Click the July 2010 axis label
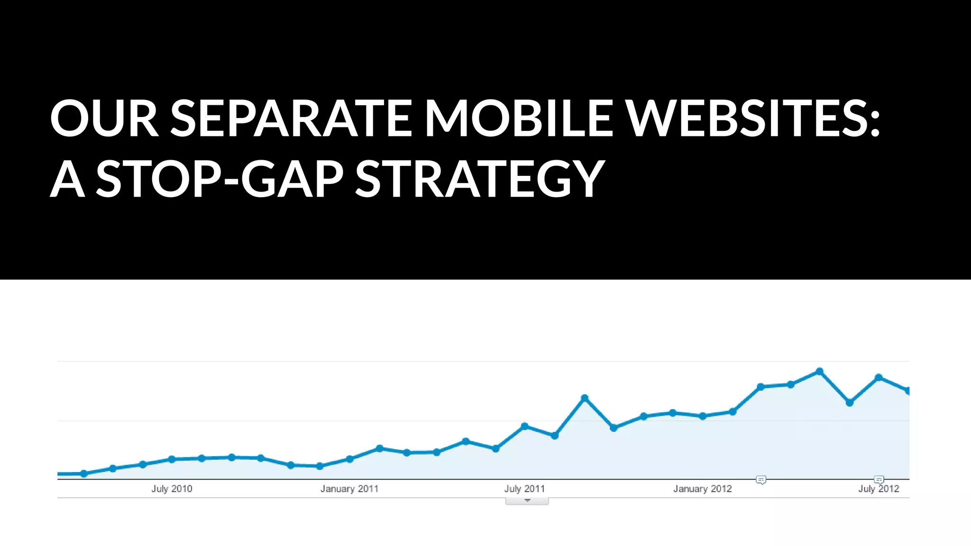pos(172,489)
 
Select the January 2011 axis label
pos(349,489)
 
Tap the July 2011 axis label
pos(524,489)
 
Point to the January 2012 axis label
pos(703,489)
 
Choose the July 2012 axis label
pos(879,489)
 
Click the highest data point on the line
pos(819,372)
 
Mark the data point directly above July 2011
pos(524,426)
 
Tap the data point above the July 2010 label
pos(172,459)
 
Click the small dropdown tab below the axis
pos(527,501)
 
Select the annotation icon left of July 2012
pos(879,480)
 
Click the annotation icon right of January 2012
pos(761,480)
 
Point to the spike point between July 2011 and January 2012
pos(585,398)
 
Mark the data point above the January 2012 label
pos(703,416)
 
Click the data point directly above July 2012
pos(879,377)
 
